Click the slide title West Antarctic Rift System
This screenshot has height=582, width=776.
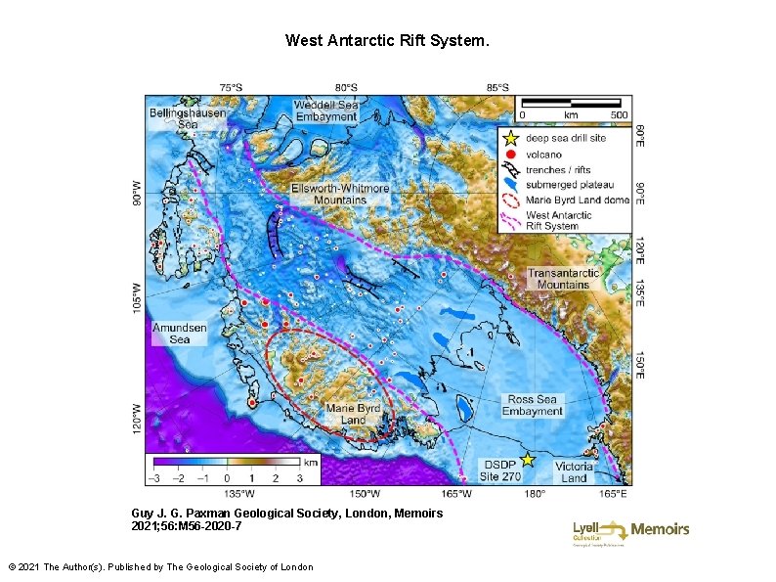click(387, 40)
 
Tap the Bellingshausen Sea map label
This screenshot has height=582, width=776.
click(187, 118)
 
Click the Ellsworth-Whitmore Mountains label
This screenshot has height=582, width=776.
click(340, 194)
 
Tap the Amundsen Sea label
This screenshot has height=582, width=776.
click(180, 334)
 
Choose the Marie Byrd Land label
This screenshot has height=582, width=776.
click(353, 414)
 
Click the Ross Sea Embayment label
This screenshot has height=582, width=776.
click(533, 405)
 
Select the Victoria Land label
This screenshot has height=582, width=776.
click(574, 471)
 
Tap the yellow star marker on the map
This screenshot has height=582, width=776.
click(528, 459)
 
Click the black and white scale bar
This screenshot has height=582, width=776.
click(572, 102)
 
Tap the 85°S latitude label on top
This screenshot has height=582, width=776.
click(496, 87)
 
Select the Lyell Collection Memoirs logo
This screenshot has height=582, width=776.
click(630, 531)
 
